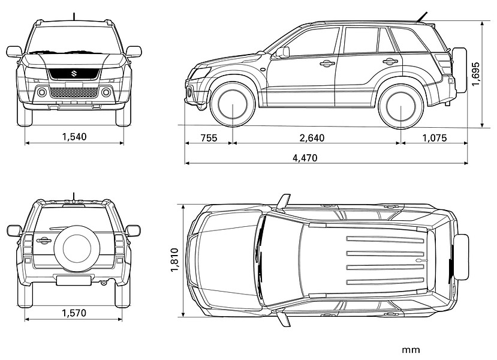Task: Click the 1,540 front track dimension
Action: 74,137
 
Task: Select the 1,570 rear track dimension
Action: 74,313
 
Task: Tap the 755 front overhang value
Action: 208,138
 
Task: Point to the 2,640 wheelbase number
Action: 312,138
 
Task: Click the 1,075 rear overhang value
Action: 434,138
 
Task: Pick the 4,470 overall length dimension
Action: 305,158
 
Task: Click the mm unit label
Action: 411,349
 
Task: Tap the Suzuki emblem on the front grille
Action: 74,74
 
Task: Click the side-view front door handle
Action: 327,63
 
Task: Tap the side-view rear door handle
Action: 390,61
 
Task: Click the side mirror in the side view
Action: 282,53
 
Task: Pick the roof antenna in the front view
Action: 74,16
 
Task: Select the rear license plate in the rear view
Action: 74,280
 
